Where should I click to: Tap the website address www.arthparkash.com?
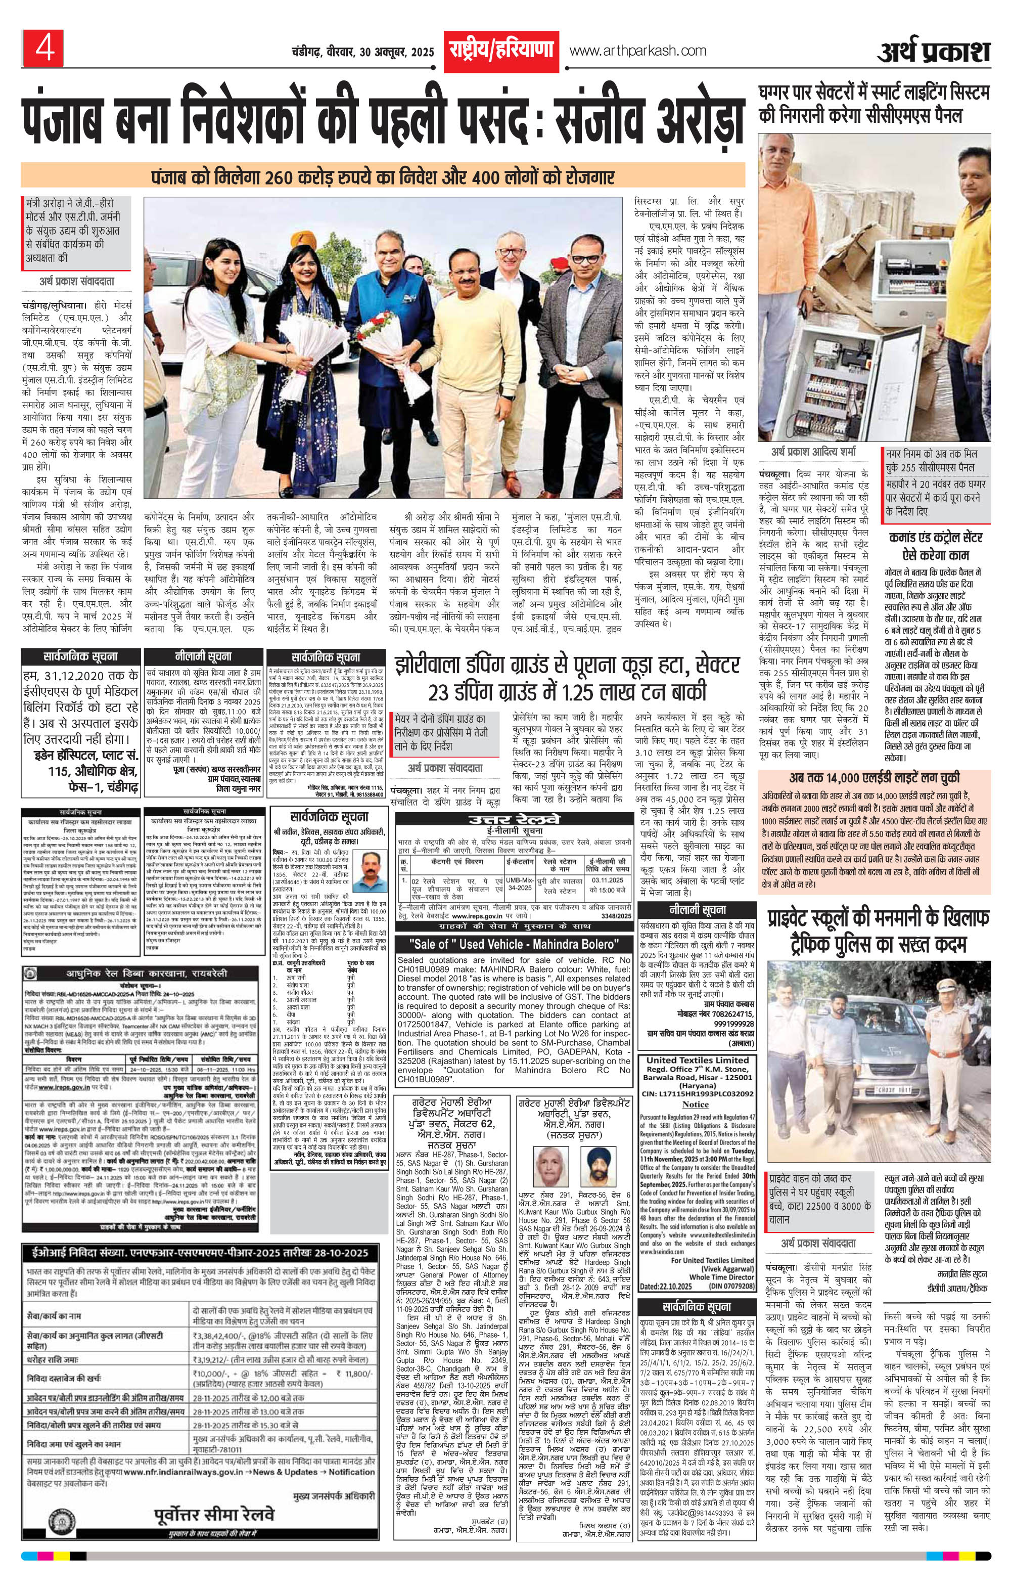click(637, 51)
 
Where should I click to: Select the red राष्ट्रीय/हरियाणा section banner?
click(502, 51)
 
